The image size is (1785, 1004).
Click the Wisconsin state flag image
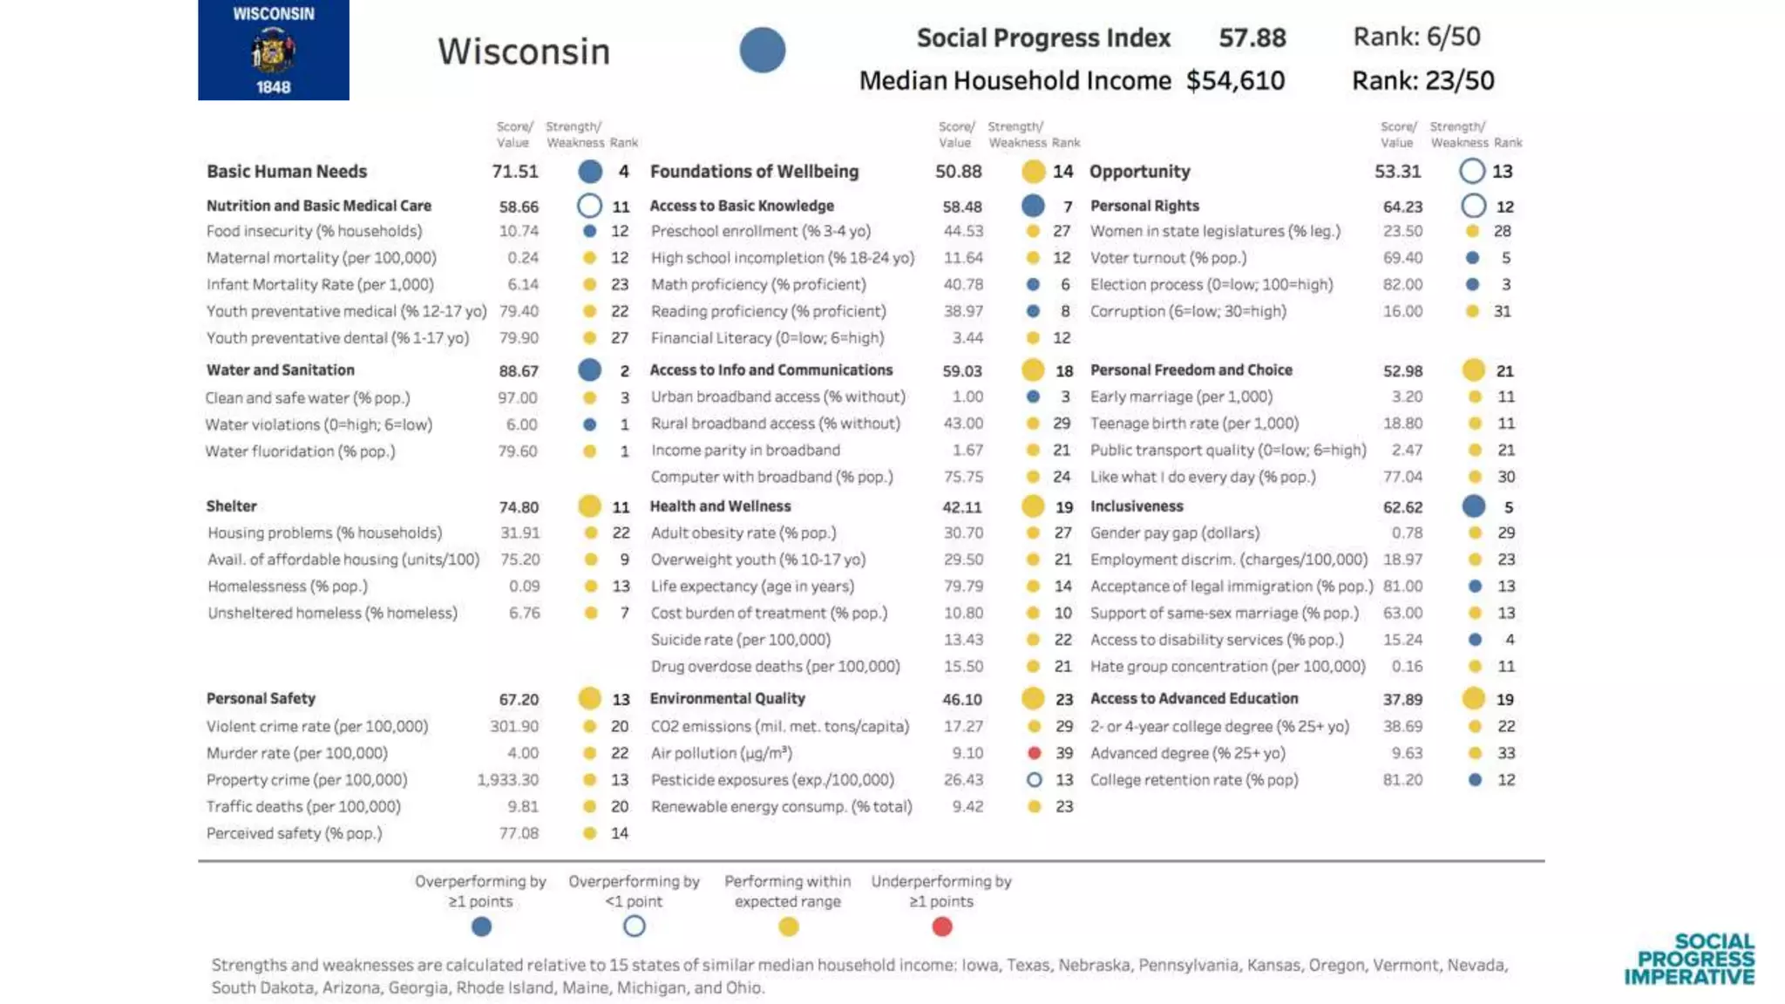273,50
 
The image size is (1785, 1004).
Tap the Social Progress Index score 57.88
1252,38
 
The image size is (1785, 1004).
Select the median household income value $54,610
1235,81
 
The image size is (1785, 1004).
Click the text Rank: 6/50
1416,37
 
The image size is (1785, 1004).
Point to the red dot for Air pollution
1034,753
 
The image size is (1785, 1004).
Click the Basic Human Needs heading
287,172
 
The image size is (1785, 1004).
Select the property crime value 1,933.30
507,780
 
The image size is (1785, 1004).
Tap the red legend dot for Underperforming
941,927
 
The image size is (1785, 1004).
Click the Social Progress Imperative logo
1689,960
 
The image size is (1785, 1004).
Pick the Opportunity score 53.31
1397,172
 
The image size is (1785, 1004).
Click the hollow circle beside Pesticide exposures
1034,780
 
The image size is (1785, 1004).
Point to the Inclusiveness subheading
1137,506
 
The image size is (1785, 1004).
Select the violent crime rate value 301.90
514,727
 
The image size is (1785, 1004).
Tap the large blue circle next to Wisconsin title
763,51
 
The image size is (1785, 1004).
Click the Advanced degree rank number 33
1506,753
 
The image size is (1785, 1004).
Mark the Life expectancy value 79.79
963,587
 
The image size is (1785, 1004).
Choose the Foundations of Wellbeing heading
754,172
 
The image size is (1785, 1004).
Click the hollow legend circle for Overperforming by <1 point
635,926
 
